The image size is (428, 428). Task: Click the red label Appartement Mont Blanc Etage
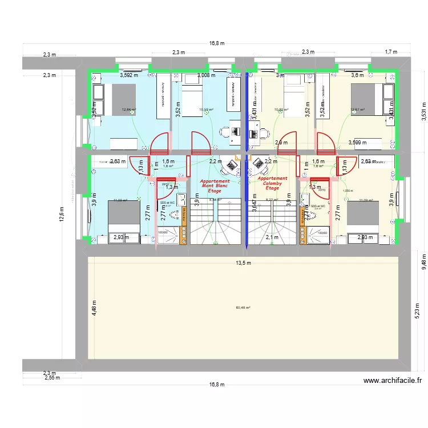point(215,186)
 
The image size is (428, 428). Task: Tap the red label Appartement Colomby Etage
point(272,183)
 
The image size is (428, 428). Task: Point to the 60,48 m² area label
point(243,308)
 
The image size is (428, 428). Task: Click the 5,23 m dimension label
point(417,311)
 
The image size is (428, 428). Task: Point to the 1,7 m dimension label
point(391,52)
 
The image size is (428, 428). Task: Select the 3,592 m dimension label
point(129,75)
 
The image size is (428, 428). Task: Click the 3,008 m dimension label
point(206,75)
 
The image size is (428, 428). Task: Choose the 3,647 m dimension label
point(253,204)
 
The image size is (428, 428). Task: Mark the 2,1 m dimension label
point(272,237)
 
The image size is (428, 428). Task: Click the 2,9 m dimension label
point(281,143)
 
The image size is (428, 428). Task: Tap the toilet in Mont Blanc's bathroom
point(183,215)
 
